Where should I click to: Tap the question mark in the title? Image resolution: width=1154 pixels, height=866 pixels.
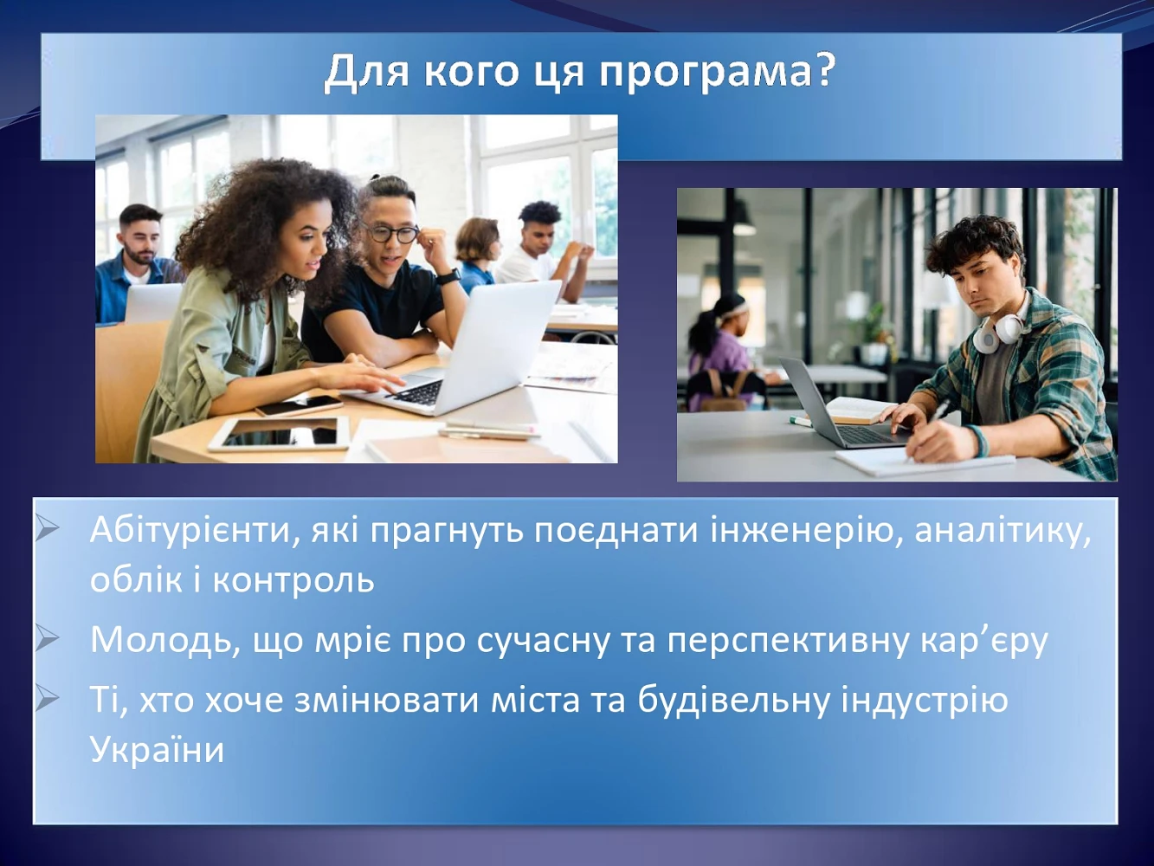(x=822, y=70)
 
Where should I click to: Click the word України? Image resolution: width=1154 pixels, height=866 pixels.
(x=158, y=749)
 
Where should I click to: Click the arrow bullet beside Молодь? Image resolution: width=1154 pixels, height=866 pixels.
(x=48, y=640)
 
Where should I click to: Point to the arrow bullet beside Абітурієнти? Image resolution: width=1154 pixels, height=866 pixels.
(x=48, y=529)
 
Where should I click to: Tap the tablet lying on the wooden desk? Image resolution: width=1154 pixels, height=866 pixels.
(x=280, y=435)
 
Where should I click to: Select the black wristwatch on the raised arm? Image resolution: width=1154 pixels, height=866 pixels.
(x=448, y=275)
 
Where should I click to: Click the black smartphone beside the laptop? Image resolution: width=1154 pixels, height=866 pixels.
(x=300, y=405)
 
